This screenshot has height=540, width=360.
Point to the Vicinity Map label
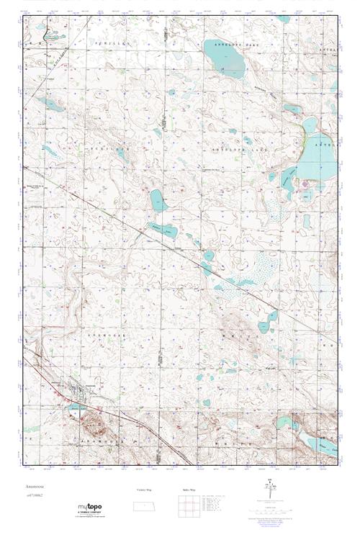[144, 489]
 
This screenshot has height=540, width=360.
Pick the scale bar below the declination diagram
[270, 505]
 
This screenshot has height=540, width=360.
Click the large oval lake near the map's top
[225, 58]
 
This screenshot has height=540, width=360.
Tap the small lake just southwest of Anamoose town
[76, 408]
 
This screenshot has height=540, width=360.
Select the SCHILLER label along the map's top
[118, 42]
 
